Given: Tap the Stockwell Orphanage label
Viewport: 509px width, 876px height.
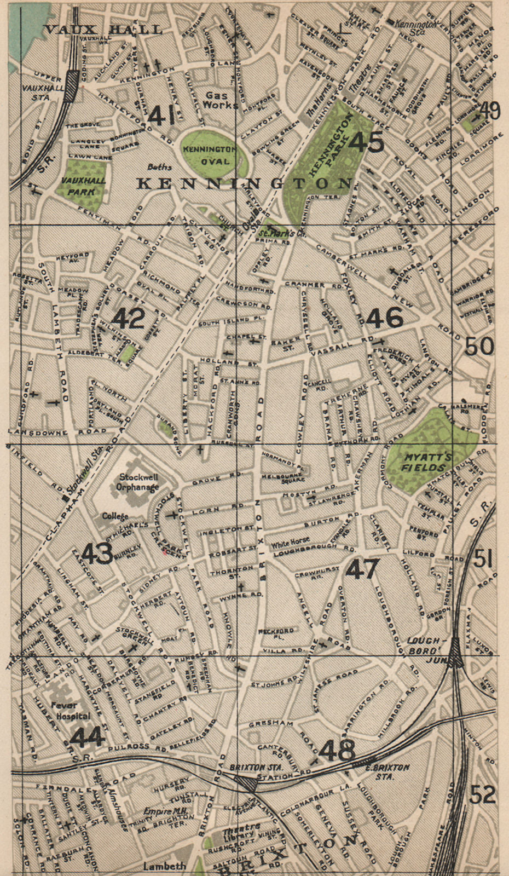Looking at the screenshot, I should tap(138, 481).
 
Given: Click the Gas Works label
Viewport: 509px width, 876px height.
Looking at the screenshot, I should tap(217, 100).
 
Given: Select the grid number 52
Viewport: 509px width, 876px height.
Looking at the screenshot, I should tap(482, 794).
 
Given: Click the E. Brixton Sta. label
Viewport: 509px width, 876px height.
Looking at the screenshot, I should tap(388, 771).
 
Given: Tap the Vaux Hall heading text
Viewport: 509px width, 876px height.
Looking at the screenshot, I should tap(103, 30).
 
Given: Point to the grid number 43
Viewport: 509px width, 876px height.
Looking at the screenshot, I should tap(97, 554).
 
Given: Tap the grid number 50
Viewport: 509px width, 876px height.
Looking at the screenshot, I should tap(479, 346).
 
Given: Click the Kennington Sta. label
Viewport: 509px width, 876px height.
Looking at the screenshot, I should tap(417, 24).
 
